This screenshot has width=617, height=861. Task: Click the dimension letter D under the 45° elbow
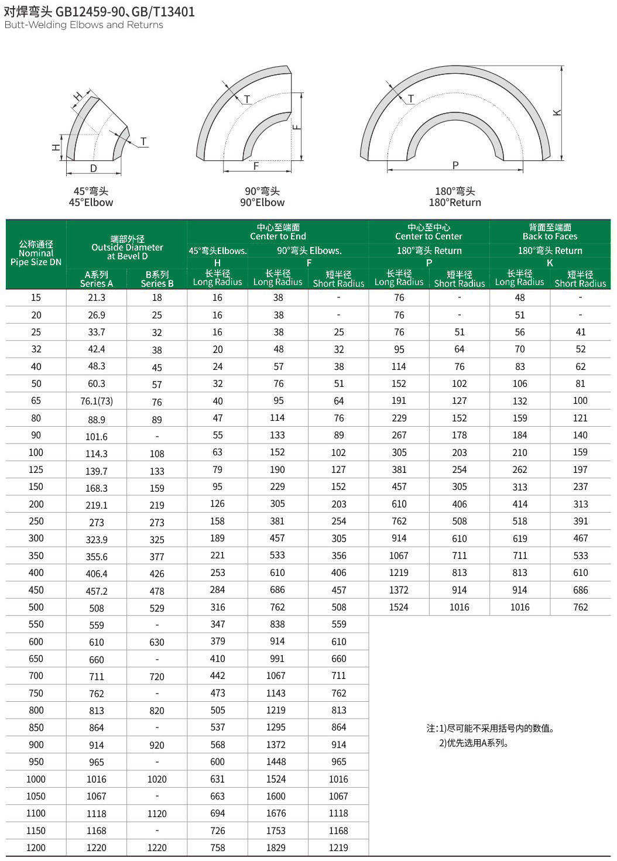coord(94,169)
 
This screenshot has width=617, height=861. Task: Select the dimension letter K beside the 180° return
coord(557,112)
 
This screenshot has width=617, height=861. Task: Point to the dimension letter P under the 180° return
coord(455,166)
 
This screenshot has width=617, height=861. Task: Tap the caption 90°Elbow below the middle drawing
coord(262,203)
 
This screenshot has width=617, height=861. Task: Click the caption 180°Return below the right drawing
coord(455,203)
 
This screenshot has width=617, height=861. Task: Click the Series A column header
coord(97,279)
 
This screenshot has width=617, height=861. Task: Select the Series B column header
coord(157,279)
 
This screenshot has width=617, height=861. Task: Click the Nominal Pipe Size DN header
coord(36,253)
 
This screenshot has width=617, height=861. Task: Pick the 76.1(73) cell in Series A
coord(97,402)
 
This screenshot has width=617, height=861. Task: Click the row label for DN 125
coord(36,470)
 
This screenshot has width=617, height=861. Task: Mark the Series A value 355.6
coord(97,557)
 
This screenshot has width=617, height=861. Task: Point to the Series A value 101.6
coord(97,437)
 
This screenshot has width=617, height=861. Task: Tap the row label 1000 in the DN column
coord(36,780)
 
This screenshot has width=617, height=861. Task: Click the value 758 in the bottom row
coord(217,848)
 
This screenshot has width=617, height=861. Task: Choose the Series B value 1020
coord(157,780)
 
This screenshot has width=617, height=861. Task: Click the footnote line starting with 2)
coord(474,743)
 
